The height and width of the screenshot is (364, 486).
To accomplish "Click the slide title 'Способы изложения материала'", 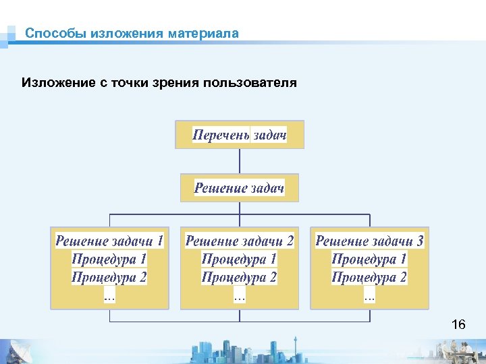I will point(132,33).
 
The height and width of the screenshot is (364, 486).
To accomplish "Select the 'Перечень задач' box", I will point(240,135).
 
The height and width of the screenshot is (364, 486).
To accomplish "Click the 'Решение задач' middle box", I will point(240,187).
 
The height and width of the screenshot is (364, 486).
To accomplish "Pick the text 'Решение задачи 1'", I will point(109,241).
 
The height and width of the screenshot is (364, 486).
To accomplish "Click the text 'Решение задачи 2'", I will point(240,241).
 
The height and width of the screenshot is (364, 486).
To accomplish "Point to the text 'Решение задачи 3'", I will point(370,241).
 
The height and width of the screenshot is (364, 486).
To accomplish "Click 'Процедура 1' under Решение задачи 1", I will point(109,259).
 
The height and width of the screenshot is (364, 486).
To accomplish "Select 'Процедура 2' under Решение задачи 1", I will point(109,277).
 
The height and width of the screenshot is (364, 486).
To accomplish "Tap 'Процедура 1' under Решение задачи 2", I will point(240,259).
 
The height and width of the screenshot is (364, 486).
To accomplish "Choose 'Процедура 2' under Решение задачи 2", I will point(240,277).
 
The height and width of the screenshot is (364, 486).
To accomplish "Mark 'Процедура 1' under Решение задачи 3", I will point(370,259).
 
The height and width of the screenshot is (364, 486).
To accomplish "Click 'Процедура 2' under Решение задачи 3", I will point(370,277).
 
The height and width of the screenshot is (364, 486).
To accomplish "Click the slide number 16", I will point(458,326).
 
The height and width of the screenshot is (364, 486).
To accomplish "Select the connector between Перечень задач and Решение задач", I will point(240,161).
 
